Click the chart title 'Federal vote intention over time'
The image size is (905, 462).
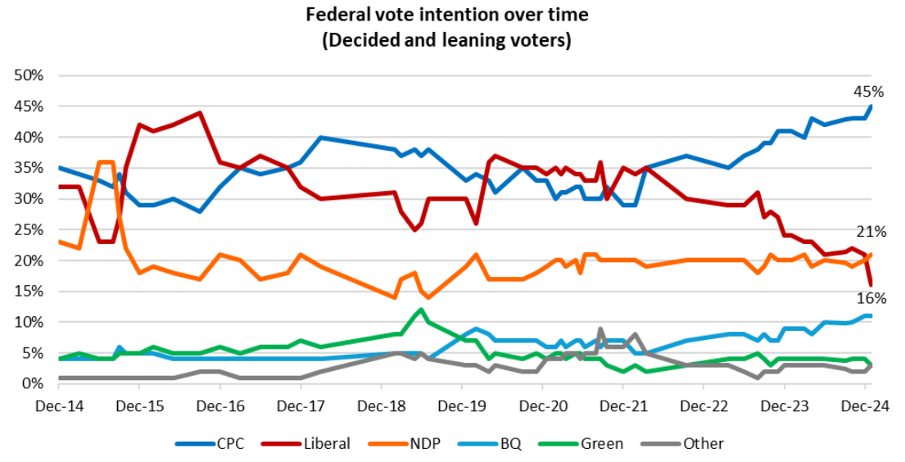447,15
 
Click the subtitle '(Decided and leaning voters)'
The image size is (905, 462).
447,39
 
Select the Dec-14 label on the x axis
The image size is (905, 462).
59,405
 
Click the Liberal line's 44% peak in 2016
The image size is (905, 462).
200,113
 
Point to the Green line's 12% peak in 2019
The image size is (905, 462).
421,310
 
